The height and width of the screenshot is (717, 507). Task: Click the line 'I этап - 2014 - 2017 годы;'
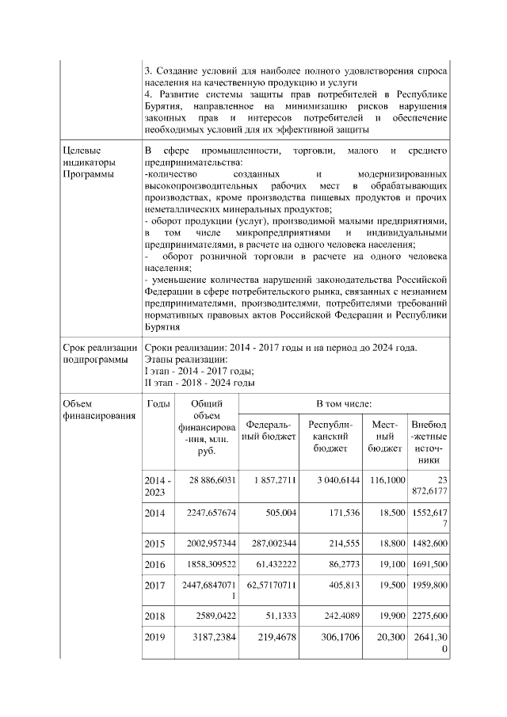tap(198, 370)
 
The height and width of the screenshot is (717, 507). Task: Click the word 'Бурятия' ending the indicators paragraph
tap(162, 326)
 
